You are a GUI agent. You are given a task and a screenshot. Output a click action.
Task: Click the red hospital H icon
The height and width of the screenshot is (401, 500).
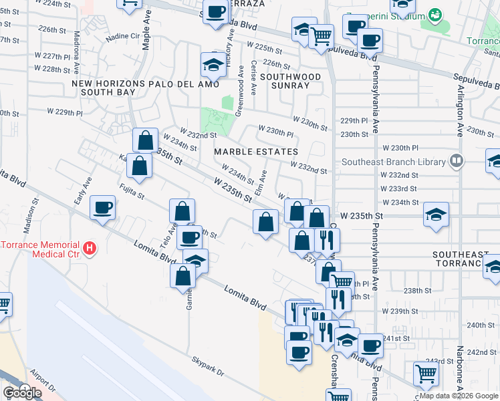90,250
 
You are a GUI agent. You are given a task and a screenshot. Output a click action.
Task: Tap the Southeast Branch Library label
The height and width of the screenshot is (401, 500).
394,162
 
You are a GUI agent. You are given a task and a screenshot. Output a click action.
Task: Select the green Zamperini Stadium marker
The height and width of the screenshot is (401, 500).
435,14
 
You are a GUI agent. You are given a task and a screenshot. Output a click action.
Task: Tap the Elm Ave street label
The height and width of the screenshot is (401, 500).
264,183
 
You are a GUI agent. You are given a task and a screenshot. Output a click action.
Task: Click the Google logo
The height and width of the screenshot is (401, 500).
22,392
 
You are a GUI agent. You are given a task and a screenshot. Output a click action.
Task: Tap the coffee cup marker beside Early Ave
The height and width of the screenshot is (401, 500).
102,208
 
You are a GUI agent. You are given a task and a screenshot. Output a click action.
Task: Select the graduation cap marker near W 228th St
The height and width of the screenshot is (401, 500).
213,66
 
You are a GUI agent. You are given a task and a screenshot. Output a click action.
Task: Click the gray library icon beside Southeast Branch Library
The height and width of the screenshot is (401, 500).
456,160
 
